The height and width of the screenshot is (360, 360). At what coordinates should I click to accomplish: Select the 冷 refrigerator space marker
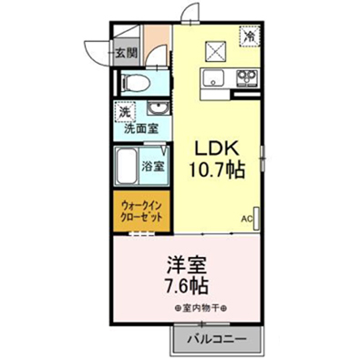coord(251,36)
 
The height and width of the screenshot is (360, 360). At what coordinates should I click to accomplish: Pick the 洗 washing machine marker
coord(124,112)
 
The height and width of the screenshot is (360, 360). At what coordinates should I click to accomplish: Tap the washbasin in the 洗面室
coord(157,108)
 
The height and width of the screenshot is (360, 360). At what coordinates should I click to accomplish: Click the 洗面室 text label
coord(141,129)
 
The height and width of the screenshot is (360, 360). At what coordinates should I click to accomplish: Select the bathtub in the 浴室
coord(127,166)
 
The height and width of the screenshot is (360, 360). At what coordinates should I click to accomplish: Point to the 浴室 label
coord(154,166)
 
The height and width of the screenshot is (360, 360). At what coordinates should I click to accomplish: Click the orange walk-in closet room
coord(141,211)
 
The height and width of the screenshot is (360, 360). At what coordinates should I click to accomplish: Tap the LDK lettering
coord(216,149)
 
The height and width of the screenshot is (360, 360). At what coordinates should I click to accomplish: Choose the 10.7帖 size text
coord(217,170)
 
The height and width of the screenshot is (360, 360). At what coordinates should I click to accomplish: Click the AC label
coord(247,218)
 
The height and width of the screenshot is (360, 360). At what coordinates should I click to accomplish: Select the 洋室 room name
coord(187,264)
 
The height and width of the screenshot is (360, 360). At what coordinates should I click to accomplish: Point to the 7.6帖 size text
coord(187,285)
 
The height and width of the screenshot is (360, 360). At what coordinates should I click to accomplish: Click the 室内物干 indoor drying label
coord(201,308)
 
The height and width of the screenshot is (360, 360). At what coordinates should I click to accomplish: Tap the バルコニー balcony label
coord(216,338)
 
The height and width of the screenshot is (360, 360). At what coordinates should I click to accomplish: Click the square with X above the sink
coord(216,51)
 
